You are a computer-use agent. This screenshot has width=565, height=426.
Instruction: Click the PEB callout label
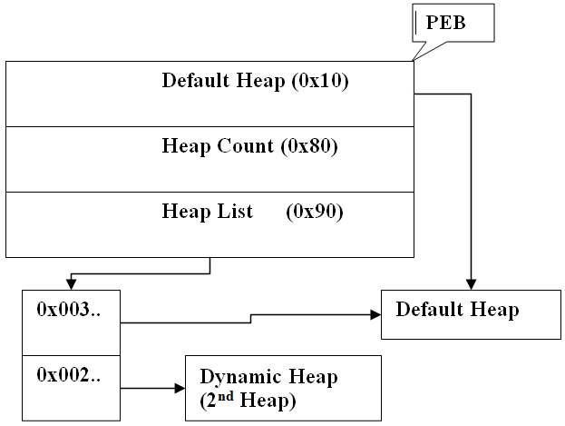click(446, 23)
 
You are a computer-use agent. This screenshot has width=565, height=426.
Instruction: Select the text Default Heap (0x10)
click(255, 80)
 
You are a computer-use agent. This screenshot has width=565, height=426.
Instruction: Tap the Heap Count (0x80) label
click(249, 145)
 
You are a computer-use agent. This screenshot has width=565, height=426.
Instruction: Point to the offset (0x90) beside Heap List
click(315, 212)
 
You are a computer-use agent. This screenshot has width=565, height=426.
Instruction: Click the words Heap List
click(202, 212)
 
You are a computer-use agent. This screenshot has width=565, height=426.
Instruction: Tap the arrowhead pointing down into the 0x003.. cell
click(72, 284)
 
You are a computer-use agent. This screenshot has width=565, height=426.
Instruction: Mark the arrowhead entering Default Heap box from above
click(471, 283)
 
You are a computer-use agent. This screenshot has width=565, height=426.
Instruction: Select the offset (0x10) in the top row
click(321, 80)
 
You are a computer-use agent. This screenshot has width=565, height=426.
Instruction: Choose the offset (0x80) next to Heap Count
click(309, 145)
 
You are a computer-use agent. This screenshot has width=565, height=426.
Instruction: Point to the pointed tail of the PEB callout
click(414, 59)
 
